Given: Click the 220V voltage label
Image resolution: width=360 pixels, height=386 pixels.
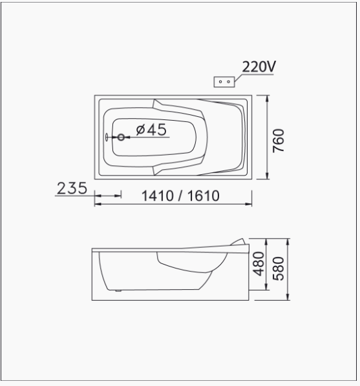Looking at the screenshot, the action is (x=259, y=66).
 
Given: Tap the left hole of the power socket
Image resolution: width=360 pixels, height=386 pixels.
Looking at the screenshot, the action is (x=220, y=81).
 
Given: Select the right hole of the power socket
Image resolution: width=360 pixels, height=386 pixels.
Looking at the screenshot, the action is (x=229, y=81).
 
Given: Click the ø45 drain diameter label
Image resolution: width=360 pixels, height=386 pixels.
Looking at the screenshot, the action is (x=151, y=130).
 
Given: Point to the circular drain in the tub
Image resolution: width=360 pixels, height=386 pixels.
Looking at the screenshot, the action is (x=121, y=137).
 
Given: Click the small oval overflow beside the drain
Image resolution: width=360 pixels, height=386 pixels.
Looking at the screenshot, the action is (x=107, y=137).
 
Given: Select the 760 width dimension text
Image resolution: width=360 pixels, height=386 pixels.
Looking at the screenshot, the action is (x=279, y=141).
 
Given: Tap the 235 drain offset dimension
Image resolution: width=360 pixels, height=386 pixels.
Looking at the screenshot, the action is (x=72, y=188).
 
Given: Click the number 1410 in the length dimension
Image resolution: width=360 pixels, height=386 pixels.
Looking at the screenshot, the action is (x=158, y=196).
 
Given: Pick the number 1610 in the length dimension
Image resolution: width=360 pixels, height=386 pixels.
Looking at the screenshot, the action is (x=204, y=196).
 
